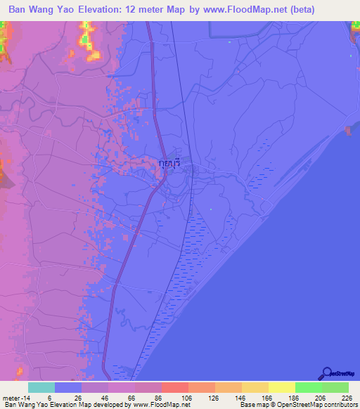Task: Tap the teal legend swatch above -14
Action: pyautogui.click(x=41, y=387)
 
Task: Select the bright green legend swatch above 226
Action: pyautogui.click(x=335, y=387)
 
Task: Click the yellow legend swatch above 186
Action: pyautogui.click(x=282, y=387)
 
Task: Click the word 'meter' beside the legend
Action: pyautogui.click(x=11, y=397)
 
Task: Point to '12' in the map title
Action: pyautogui.click(x=143, y=9)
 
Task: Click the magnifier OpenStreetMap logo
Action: pyautogui.click(x=326, y=373)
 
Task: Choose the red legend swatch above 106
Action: pyautogui.click(x=175, y=387)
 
